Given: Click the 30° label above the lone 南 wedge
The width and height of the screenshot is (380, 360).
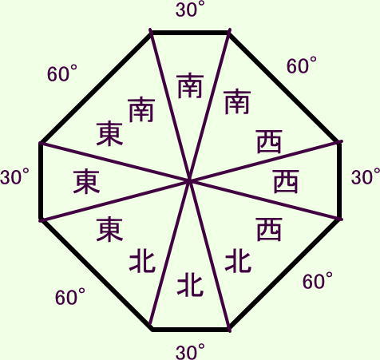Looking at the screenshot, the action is (x=190, y=10).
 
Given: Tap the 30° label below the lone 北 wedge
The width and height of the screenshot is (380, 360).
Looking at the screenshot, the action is (x=190, y=351).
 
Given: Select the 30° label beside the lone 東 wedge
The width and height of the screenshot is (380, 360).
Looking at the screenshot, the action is (x=14, y=176).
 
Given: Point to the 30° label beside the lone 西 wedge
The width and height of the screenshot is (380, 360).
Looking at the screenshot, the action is (x=366, y=176).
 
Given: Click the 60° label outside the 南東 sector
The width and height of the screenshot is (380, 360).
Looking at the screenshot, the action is (x=62, y=73).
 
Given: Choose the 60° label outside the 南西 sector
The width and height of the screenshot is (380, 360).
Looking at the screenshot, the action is (x=302, y=65).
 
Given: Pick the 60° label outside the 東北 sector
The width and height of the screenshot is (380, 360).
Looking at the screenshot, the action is (x=70, y=297).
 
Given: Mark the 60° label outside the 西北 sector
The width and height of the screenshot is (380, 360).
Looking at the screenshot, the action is (x=318, y=281).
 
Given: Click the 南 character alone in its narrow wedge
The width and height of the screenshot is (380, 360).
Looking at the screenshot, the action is (x=191, y=86).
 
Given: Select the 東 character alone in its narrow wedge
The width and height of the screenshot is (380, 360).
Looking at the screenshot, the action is (x=86, y=182).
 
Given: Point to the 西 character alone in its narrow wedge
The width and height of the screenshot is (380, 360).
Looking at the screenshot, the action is (x=286, y=182).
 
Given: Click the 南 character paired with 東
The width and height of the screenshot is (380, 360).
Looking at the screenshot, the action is (x=142, y=110).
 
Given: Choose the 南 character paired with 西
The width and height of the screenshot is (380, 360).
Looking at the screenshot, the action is (x=237, y=102).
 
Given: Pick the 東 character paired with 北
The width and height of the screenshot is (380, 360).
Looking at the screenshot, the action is (x=109, y=230).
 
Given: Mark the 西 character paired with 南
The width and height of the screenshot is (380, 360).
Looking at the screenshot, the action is (x=269, y=142).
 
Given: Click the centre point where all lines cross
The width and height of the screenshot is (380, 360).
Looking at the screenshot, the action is (x=190, y=181).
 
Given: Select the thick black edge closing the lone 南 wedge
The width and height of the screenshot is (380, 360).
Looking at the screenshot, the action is (x=190, y=33).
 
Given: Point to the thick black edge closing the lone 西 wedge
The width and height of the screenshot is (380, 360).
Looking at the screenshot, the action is (x=339, y=180).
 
